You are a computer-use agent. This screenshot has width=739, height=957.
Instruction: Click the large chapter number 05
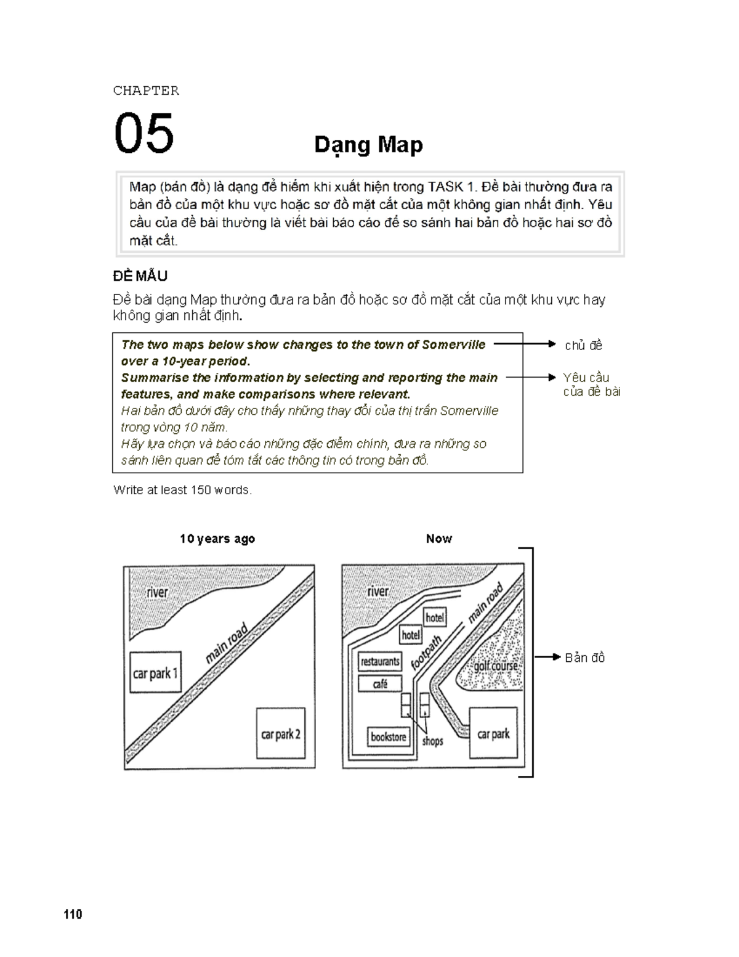click(144, 132)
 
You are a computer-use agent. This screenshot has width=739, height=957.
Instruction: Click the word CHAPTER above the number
click(146, 91)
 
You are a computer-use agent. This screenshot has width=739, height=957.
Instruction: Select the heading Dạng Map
click(368, 145)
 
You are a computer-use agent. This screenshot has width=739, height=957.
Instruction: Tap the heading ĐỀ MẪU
click(140, 276)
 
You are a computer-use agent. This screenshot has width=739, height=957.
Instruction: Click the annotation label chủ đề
click(583, 346)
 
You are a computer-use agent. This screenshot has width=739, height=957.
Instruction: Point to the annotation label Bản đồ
click(584, 658)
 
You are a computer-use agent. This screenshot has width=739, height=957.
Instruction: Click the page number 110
click(73, 914)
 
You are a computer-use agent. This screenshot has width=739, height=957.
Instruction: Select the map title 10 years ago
click(217, 539)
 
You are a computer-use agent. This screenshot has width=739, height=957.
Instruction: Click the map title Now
click(438, 539)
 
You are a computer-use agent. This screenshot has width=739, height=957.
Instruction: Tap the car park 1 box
click(155, 673)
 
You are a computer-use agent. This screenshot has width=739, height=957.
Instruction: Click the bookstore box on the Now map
click(389, 736)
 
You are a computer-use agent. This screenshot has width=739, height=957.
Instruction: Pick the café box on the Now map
click(380, 684)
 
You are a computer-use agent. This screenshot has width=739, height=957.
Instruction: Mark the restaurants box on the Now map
click(380, 662)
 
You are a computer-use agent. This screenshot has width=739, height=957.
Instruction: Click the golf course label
click(496, 666)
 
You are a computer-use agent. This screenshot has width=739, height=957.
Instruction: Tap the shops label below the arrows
click(432, 741)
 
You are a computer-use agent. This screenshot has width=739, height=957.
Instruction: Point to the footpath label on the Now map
click(426, 653)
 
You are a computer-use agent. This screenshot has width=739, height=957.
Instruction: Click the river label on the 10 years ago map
click(157, 592)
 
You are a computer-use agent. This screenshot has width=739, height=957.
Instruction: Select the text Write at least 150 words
click(182, 490)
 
